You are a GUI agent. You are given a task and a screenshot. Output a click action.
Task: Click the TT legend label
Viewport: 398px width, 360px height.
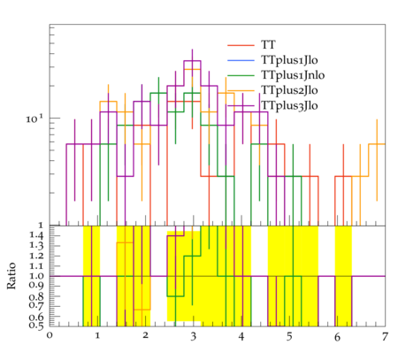[268, 45]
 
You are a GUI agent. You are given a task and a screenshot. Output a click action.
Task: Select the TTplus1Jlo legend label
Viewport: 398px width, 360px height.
[289, 60]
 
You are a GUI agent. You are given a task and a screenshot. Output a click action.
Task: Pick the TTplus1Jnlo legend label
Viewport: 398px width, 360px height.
[293, 75]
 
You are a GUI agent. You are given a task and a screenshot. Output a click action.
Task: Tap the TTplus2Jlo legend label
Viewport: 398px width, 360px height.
[289, 90]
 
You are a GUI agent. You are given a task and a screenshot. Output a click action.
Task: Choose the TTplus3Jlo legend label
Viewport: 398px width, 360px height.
[289, 105]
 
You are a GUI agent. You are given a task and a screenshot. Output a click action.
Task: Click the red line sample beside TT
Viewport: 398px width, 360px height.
[241, 45]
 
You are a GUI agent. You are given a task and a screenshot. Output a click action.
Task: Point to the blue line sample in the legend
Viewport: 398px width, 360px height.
[241, 60]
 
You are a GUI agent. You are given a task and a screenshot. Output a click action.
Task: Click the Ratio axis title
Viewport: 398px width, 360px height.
[11, 276]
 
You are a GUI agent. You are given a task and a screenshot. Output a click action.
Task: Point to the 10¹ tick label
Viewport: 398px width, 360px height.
[34, 119]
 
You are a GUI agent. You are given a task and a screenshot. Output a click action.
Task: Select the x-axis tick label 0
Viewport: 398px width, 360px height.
[50, 336]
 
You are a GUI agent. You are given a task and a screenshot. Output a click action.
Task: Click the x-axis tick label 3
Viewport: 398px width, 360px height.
[193, 336]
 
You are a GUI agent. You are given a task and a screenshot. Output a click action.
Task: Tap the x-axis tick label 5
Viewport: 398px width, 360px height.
[289, 336]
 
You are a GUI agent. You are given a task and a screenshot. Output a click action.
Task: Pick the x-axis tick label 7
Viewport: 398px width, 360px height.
[385, 336]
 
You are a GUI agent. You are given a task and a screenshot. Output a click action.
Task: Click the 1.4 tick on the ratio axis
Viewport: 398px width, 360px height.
[36, 235]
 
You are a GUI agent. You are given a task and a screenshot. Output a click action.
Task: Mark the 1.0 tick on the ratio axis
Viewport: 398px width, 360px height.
[36, 276]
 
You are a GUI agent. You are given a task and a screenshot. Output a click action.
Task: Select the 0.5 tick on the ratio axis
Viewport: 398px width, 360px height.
[36, 326]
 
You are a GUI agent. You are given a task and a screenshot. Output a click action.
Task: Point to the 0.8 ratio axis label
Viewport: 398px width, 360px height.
[36, 296]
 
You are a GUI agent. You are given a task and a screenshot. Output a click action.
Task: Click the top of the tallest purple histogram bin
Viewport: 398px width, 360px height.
[192, 61]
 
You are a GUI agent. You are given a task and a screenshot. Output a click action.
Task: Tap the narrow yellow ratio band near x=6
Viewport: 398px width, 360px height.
[343, 276]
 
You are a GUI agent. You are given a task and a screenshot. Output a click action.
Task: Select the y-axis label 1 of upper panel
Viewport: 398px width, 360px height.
[41, 226]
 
